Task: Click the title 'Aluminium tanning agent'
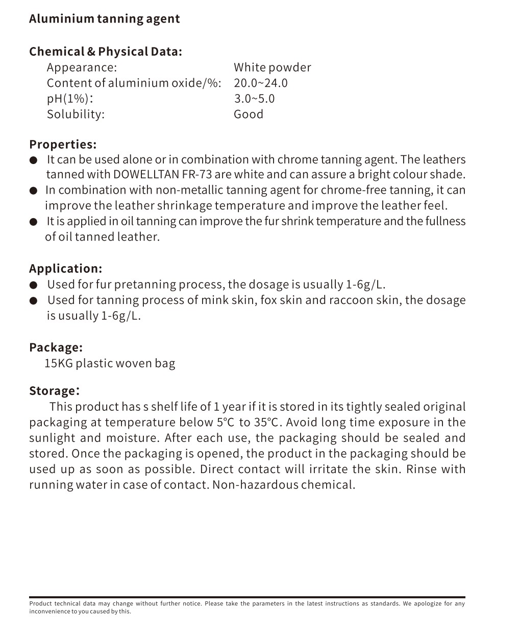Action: pyautogui.click(x=104, y=19)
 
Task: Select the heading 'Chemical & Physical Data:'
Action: pyautogui.click(x=105, y=52)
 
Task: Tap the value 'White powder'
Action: pyautogui.click(x=272, y=67)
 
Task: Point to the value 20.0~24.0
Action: pyautogui.click(x=260, y=83)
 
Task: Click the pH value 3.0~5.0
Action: pyautogui.click(x=254, y=99)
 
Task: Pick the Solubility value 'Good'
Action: pyautogui.click(x=249, y=114)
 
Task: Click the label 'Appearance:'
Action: pyautogui.click(x=82, y=67)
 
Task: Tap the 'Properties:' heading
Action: pyautogui.click(x=63, y=144)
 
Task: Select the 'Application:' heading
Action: pyautogui.click(x=65, y=269)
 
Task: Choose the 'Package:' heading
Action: pyautogui.click(x=56, y=347)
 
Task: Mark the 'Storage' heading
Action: pyautogui.click(x=53, y=391)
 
